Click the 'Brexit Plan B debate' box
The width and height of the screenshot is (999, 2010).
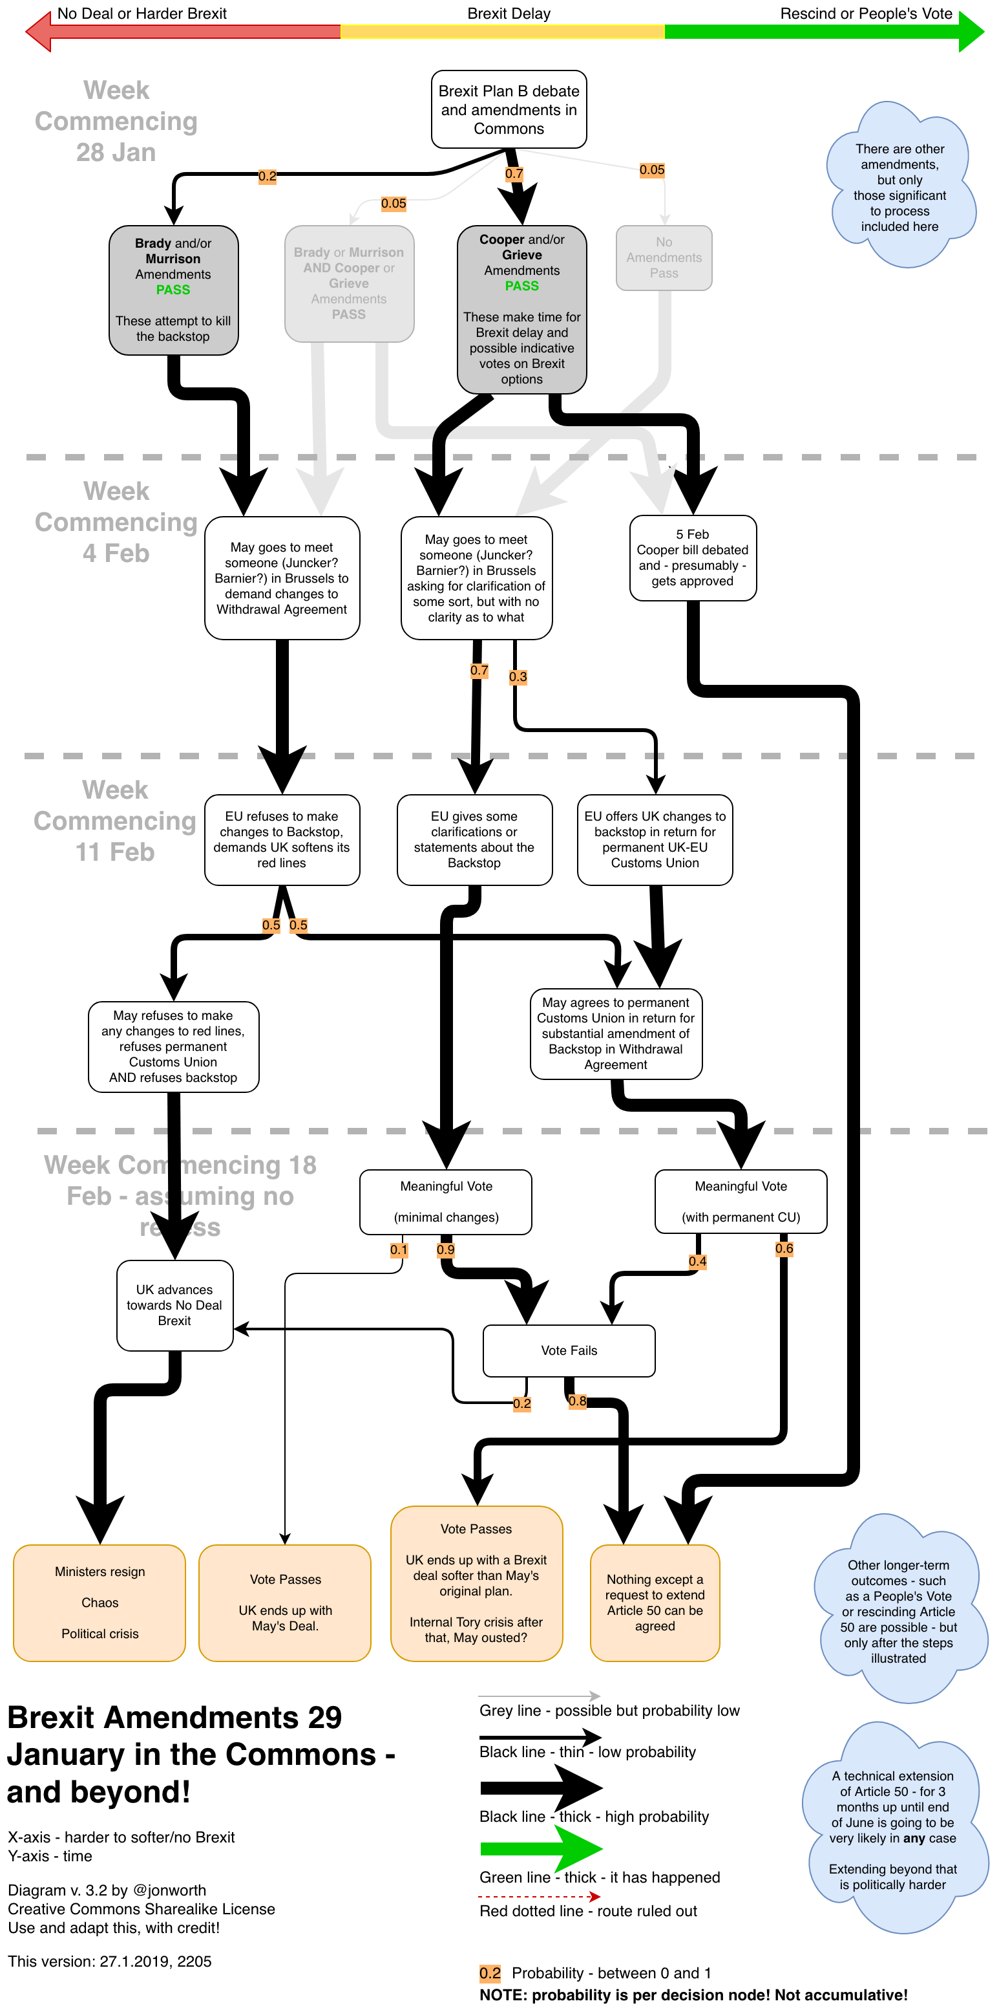(509, 109)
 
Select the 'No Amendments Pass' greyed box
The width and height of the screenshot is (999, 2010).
(664, 257)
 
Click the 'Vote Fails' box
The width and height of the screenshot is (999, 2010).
(569, 1350)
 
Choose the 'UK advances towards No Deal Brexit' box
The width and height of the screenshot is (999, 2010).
(174, 1304)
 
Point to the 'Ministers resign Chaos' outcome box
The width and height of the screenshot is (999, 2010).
(100, 1602)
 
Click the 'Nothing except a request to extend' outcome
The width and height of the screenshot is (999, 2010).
(655, 1602)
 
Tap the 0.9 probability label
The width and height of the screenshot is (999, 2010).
(445, 1249)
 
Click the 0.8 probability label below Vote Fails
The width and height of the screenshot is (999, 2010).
(577, 1401)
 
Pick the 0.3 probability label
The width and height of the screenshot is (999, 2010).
(518, 676)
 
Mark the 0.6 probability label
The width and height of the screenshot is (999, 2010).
(784, 1248)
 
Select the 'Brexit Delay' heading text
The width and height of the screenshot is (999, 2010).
(509, 14)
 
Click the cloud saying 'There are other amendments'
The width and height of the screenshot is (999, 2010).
(899, 188)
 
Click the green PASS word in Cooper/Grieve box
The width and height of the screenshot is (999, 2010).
(521, 286)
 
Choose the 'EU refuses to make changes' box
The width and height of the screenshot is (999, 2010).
(282, 839)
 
